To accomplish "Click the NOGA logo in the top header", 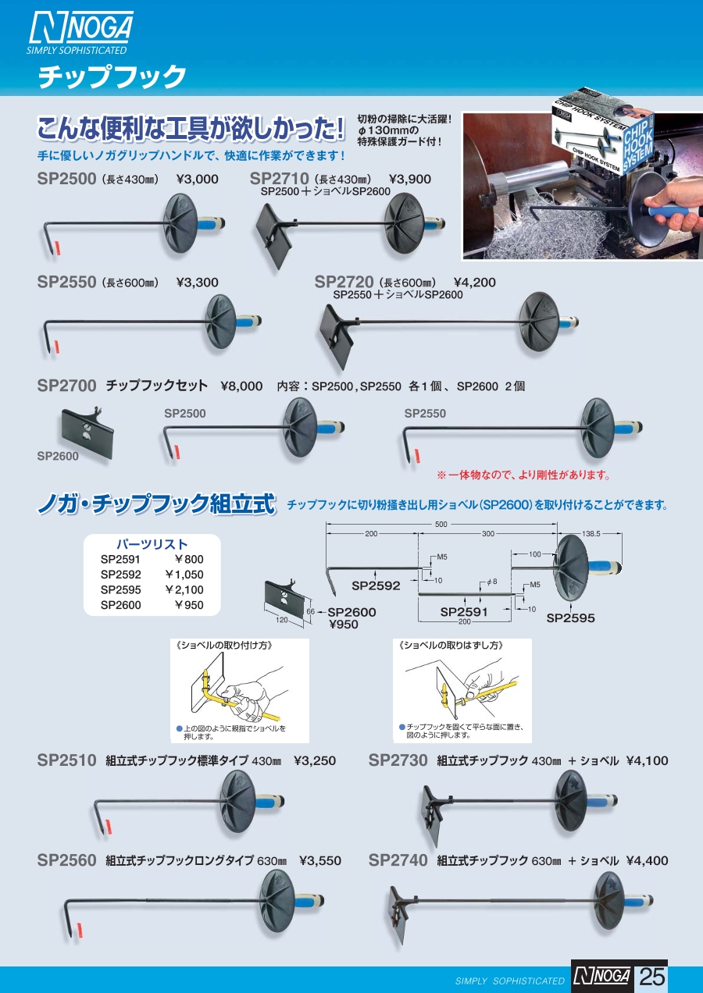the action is coord(80,33).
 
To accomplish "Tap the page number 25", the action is coord(652,977).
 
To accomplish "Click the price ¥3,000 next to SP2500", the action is coord(198,179).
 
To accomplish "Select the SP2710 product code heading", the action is coord(279,179).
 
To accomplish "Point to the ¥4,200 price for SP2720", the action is coord(475,283).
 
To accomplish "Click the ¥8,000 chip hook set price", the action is coord(241,386).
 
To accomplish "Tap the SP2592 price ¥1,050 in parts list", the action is coord(184,575).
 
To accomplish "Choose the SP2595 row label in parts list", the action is coord(120,589).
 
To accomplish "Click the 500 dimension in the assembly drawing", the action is coord(441,524).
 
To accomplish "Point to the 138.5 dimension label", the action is coord(591,534).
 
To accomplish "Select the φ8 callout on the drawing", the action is coord(492,582).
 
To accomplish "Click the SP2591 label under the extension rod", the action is coord(464,612).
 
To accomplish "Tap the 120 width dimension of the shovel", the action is coord(282,620).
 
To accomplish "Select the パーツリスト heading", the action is coord(152,544).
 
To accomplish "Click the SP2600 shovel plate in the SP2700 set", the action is coord(87,432).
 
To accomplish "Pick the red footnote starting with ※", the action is coord(524,475).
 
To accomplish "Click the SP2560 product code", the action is coord(66,860).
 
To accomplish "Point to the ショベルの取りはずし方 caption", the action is coord(451,645).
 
